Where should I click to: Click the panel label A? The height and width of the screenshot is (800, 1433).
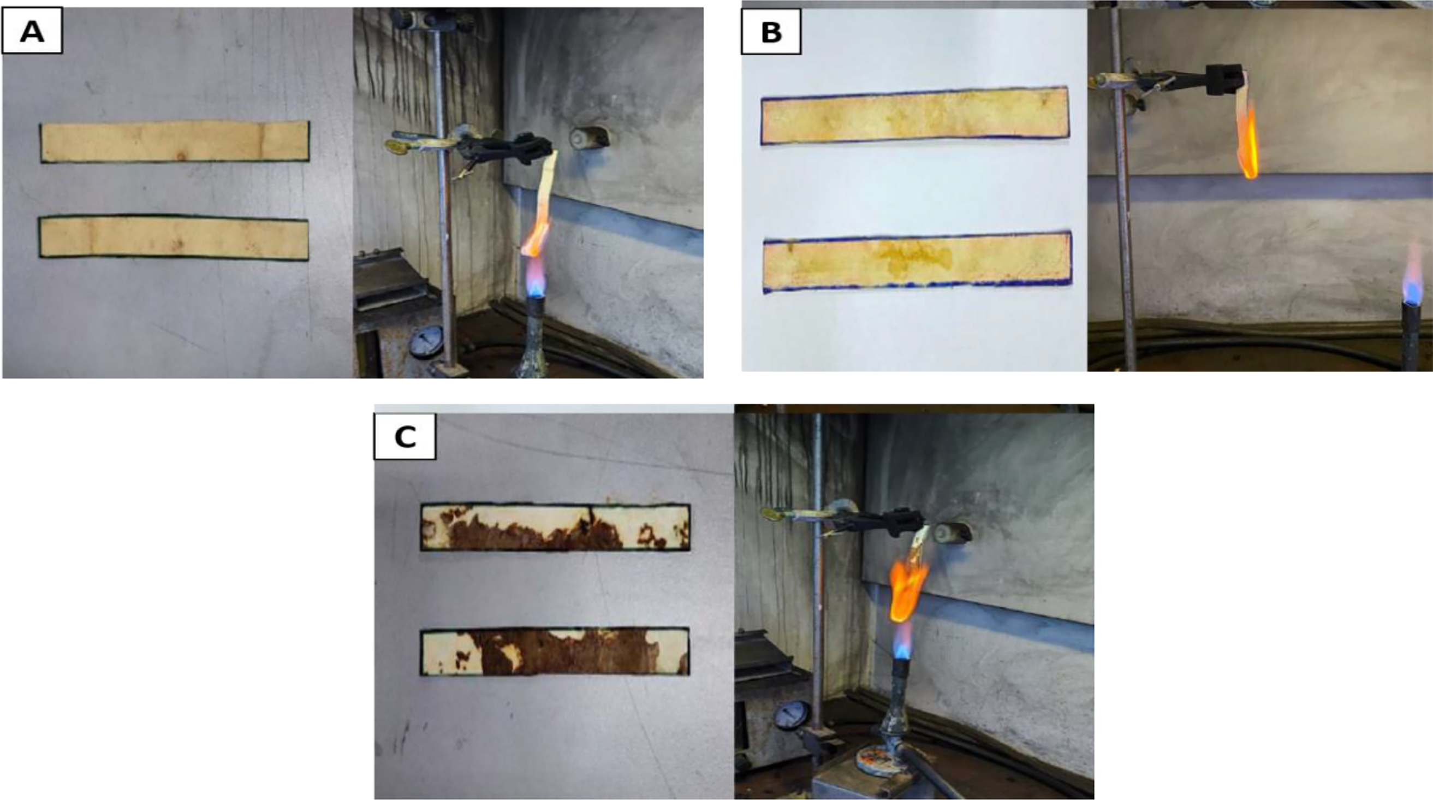(32, 31)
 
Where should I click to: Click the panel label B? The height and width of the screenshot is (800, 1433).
(771, 31)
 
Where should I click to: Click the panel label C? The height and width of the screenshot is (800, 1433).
(405, 437)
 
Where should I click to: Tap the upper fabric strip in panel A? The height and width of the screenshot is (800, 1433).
(175, 142)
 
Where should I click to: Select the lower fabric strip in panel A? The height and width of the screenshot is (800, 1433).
(174, 238)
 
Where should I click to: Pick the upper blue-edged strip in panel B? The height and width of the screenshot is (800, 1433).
(914, 115)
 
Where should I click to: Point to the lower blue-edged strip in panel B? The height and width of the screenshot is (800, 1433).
(917, 262)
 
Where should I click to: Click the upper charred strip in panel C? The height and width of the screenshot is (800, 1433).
(555, 527)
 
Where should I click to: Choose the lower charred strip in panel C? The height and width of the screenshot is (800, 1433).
(555, 651)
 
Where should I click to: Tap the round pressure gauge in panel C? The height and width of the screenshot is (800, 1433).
(790, 716)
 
